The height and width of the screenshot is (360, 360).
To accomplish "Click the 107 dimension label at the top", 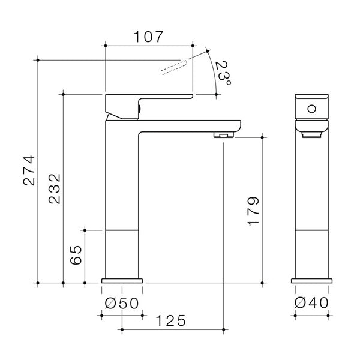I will coord(149,37).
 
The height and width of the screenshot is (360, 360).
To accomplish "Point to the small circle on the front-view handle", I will coord(311,109).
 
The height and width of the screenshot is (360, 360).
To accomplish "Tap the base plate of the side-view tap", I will coord(122,280).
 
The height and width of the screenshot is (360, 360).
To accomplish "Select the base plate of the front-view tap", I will coord(311,280).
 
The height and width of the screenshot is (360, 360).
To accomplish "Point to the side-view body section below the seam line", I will coord(122,252).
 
